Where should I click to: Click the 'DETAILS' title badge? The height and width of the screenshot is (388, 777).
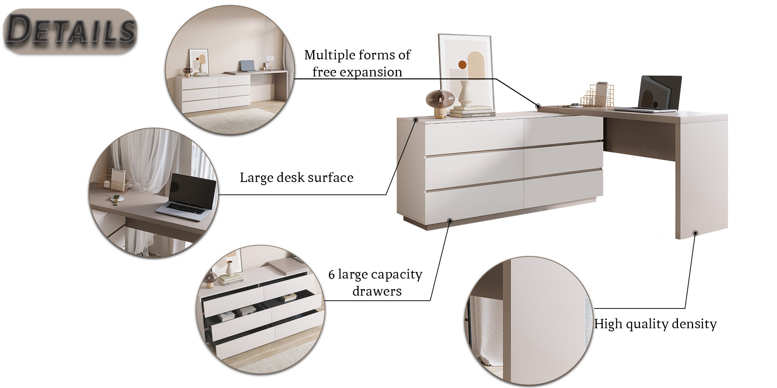point(71,30)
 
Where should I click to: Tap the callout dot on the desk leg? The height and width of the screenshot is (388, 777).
point(695,233)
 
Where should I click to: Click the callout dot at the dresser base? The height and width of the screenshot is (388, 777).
point(450,221)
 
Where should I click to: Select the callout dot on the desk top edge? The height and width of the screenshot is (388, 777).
point(538,106)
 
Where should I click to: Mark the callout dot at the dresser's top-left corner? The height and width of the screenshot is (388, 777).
point(416,120)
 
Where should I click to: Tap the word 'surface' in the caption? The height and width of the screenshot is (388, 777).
point(330,178)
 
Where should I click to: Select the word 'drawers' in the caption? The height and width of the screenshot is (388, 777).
point(377,291)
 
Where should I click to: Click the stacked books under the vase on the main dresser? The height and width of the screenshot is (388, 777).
point(472,111)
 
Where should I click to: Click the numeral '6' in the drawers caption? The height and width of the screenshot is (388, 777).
point(331,275)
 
